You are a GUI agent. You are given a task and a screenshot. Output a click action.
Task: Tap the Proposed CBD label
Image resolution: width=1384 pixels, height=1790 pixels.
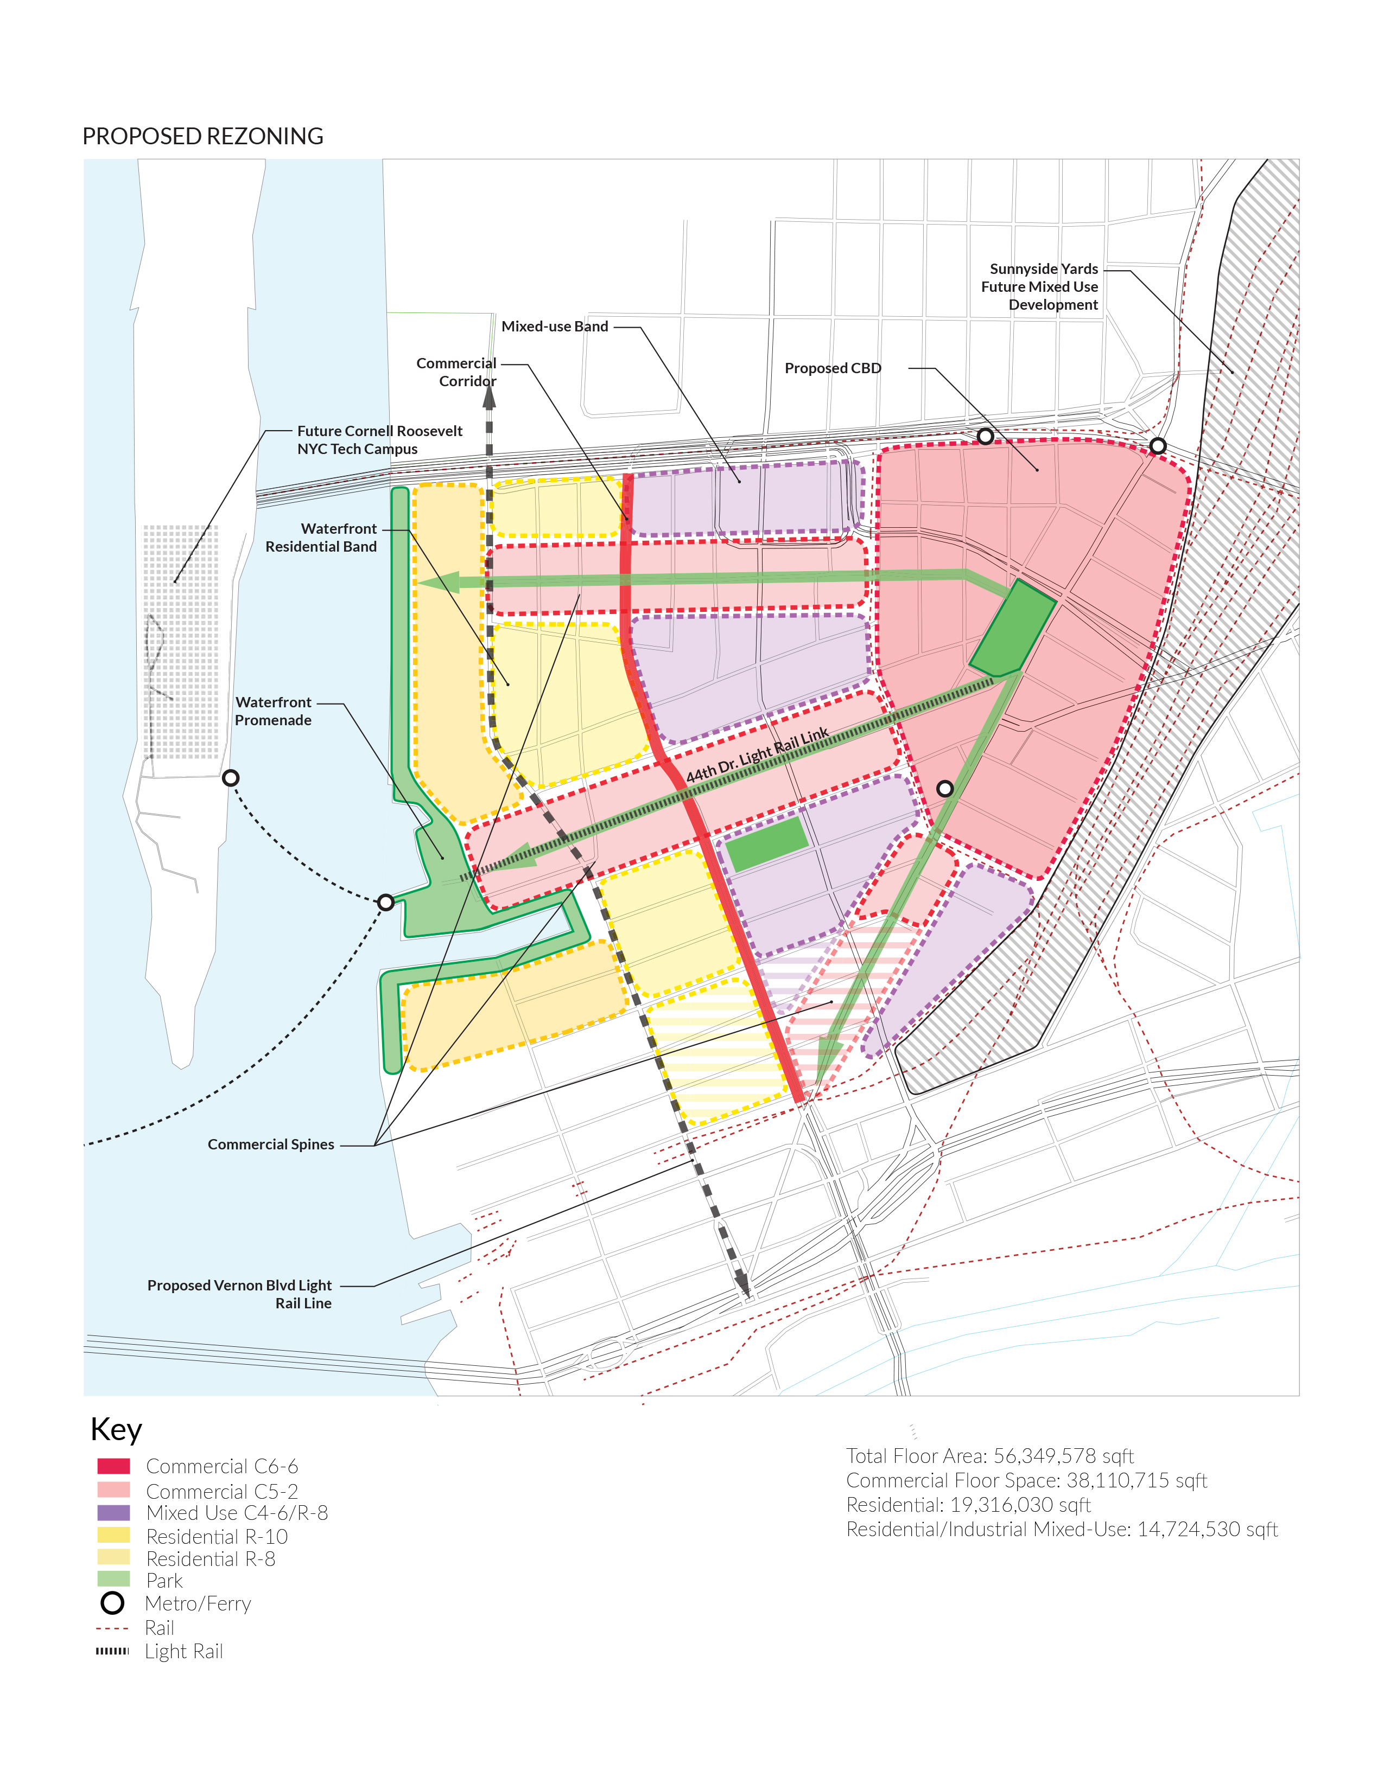pyautogui.click(x=832, y=368)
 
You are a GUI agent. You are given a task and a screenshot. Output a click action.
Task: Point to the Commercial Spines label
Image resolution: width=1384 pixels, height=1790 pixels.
pyautogui.click(x=271, y=1144)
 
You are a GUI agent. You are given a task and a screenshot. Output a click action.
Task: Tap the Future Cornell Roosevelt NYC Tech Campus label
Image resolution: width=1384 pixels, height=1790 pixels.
pyautogui.click(x=379, y=440)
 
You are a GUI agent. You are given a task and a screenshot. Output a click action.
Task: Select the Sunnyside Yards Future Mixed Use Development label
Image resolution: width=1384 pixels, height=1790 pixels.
pyautogui.click(x=1040, y=287)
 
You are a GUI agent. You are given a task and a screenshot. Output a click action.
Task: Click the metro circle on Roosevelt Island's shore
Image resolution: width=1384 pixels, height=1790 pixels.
pyautogui.click(x=231, y=778)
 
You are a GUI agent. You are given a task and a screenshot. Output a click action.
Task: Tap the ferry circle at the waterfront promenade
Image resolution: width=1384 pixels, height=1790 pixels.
pyautogui.click(x=385, y=903)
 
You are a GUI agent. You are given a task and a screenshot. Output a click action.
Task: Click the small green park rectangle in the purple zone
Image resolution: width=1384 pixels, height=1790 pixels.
pyautogui.click(x=767, y=844)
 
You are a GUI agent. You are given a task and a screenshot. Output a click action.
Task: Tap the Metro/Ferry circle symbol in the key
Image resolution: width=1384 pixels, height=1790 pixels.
pyautogui.click(x=112, y=1603)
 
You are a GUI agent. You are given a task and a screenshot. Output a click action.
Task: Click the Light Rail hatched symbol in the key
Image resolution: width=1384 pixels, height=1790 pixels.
pyautogui.click(x=112, y=1651)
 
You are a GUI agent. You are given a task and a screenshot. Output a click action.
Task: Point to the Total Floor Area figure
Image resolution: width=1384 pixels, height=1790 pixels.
pyautogui.click(x=989, y=1456)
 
